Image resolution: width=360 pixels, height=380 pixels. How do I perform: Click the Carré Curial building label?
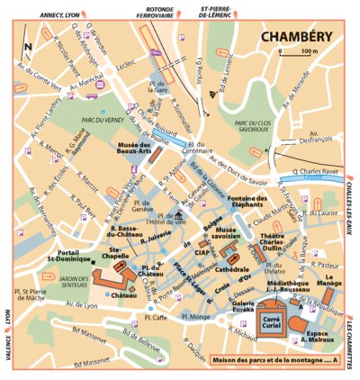(x=271, y=321)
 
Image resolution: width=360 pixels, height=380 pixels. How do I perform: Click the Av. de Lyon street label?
(x=80, y=305)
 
